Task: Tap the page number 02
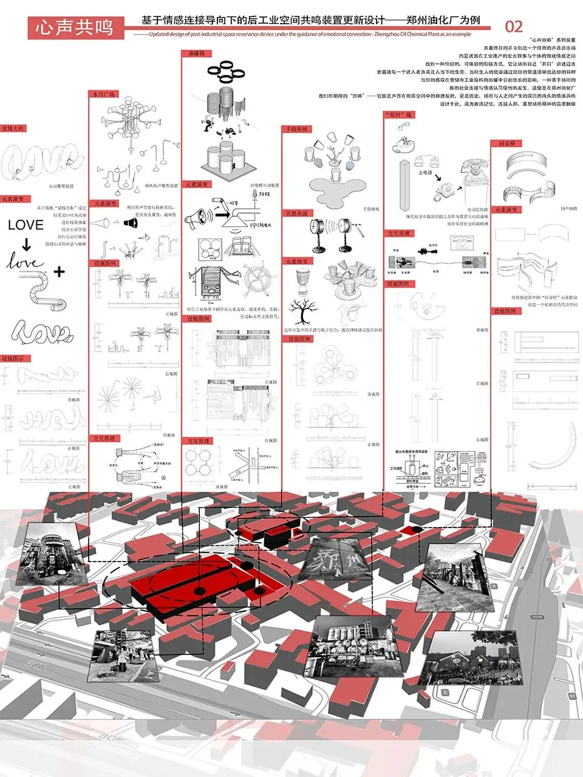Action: (x=514, y=26)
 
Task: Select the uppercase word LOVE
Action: (x=26, y=225)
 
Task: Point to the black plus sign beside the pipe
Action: (x=58, y=272)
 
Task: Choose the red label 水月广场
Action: (x=103, y=94)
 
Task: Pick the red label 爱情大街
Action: (x=13, y=129)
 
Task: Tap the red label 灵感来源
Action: (x=297, y=214)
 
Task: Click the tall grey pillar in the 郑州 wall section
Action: (x=405, y=183)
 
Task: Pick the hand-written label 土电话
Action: (x=425, y=173)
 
